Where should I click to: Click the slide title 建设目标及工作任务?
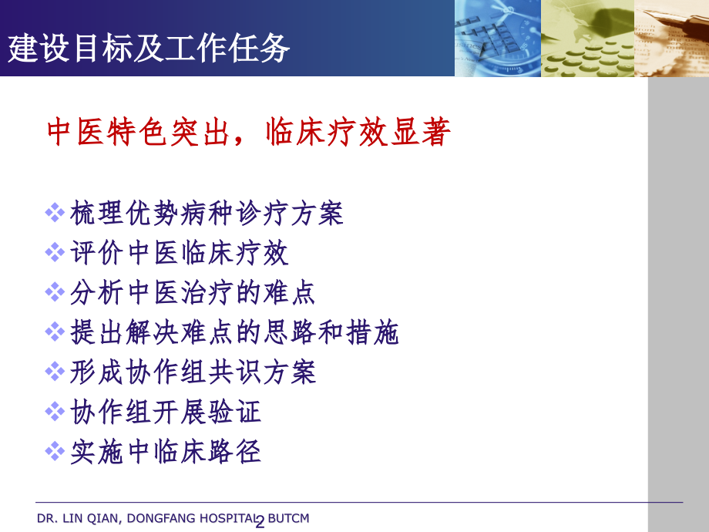(148, 48)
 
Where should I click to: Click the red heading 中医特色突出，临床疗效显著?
(249, 132)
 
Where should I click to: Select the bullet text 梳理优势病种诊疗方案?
(207, 213)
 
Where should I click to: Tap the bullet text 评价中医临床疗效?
(179, 252)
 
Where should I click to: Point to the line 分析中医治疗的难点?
(193, 292)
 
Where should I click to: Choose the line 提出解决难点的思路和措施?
(234, 332)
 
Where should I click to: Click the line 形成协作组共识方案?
(193, 372)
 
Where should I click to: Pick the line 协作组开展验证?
(166, 412)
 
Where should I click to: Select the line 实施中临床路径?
(166, 452)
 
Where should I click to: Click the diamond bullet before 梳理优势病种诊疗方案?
(55, 213)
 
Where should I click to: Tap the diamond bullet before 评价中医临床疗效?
(55, 252)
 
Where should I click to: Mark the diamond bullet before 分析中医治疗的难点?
(55, 292)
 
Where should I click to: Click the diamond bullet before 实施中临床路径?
(55, 452)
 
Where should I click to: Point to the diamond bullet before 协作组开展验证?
(55, 412)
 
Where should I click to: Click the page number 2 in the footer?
(260, 523)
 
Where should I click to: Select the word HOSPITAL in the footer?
(228, 518)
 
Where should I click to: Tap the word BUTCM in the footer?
(288, 518)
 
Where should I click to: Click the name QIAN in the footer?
(103, 518)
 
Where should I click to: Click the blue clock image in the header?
(498, 38)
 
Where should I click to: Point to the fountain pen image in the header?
(671, 38)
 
